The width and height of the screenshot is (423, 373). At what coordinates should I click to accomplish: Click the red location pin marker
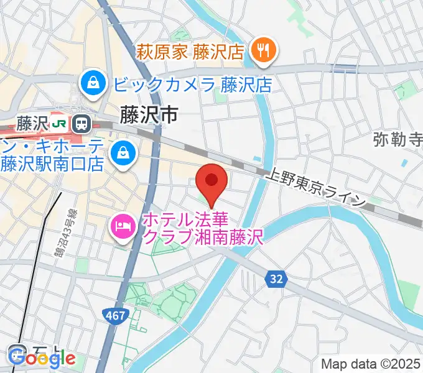coord(211,181)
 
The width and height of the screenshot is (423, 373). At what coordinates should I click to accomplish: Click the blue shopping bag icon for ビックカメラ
coord(92,83)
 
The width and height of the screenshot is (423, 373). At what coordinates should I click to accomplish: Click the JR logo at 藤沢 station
coord(60,124)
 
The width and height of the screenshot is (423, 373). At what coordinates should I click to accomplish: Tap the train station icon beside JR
coord(80,124)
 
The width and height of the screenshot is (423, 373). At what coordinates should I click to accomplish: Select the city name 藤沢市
coord(149,114)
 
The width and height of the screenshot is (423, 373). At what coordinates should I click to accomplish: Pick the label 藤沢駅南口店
coord(52,165)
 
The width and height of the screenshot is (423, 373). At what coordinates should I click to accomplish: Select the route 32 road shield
coord(277,280)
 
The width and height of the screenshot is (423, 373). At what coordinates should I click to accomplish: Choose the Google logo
coord(43,358)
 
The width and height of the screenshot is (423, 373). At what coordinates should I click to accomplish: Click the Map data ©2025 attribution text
coord(371,363)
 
